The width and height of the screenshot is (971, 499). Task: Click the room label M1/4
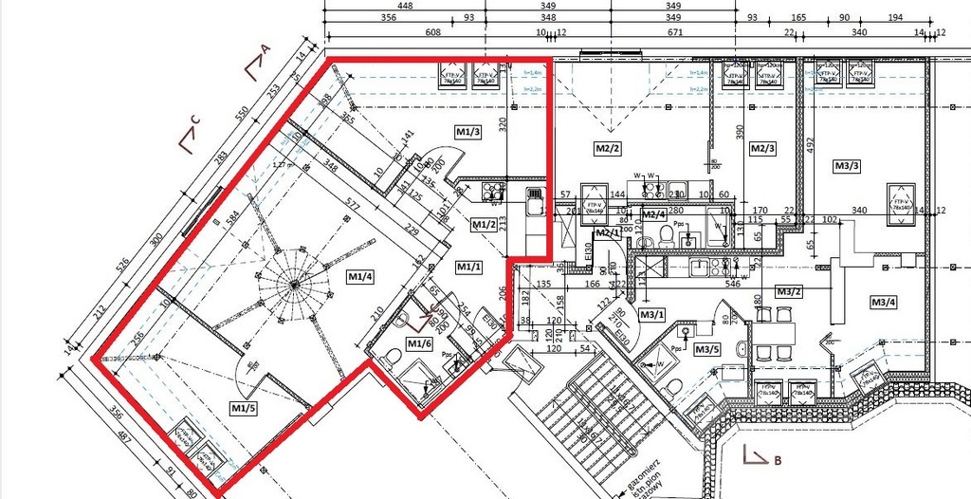(359, 276)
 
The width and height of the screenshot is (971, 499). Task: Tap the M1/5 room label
(244, 407)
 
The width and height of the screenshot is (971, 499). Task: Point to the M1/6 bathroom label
(419, 342)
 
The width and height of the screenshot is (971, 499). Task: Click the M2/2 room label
(607, 149)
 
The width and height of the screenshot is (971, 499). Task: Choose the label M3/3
(848, 166)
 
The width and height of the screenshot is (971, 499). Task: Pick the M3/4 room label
(884, 303)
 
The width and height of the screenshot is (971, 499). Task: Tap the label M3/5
(707, 350)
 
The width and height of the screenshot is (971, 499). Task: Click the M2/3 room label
(762, 149)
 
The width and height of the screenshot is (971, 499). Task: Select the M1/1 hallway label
(468, 268)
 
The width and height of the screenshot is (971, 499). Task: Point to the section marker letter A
(266, 48)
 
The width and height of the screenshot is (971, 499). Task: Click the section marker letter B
(777, 462)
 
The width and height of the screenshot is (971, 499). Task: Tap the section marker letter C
(194, 120)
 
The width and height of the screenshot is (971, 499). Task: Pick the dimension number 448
(405, 6)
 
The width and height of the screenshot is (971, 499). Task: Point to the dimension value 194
(895, 17)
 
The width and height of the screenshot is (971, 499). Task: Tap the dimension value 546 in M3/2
(732, 283)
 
